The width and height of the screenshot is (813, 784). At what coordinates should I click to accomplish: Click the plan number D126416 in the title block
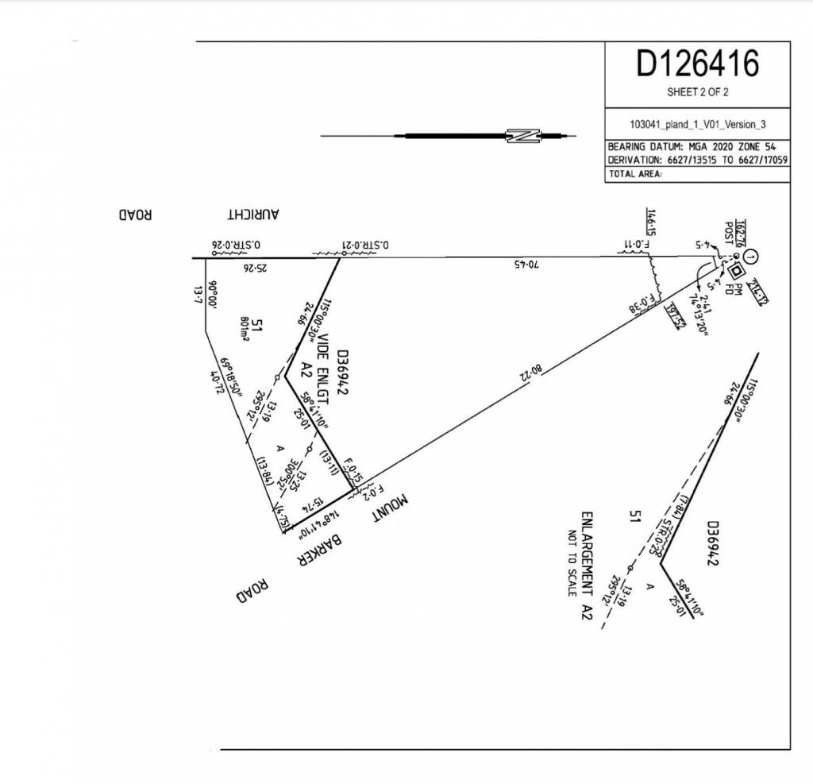click(x=697, y=64)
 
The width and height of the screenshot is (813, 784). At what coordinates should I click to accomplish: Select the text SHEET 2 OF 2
click(x=697, y=92)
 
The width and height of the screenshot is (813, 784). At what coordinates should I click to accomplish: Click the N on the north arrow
click(x=524, y=136)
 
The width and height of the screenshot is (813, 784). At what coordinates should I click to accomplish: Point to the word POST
click(x=727, y=232)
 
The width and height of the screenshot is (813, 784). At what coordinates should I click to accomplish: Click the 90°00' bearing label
click(x=213, y=296)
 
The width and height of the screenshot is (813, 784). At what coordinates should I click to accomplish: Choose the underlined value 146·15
click(x=649, y=222)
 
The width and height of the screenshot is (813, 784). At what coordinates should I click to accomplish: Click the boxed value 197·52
click(x=672, y=316)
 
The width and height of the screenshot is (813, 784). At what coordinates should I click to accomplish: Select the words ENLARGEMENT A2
click(x=588, y=565)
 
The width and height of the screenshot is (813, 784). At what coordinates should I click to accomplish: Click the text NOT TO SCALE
click(x=572, y=563)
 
